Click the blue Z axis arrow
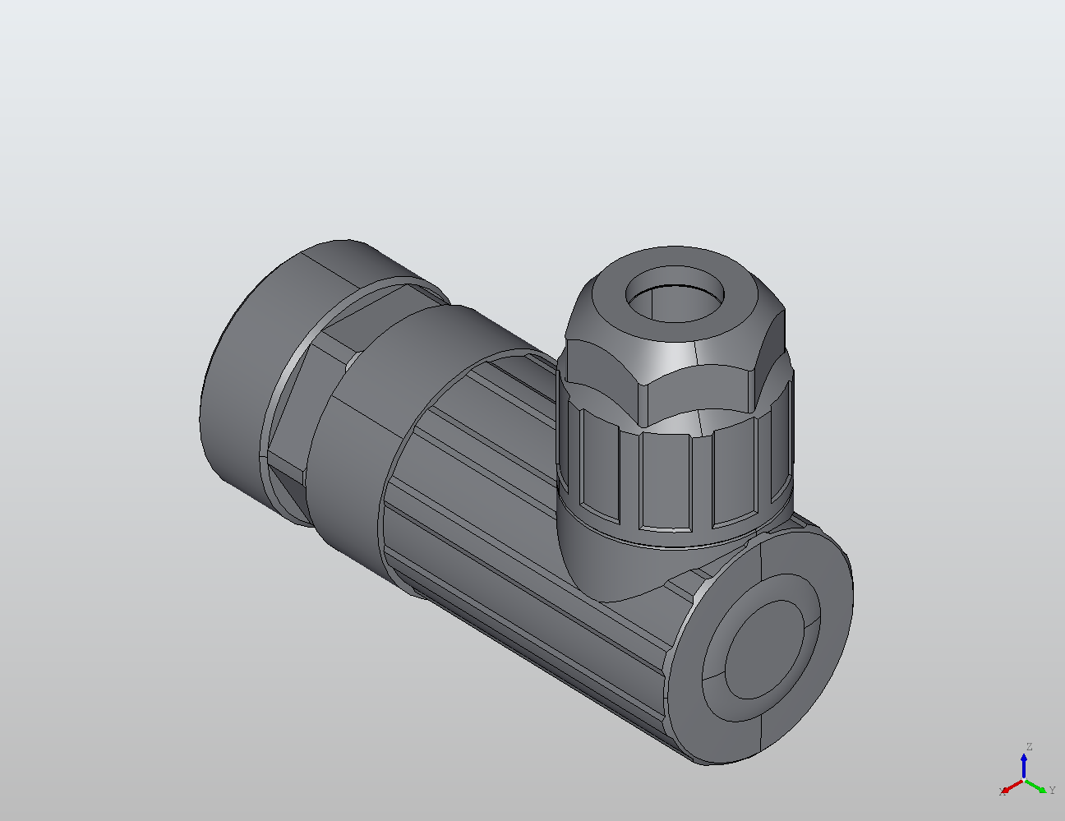1024,764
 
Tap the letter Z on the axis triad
1029,747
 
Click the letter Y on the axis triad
1052,791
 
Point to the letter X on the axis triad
1002,792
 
